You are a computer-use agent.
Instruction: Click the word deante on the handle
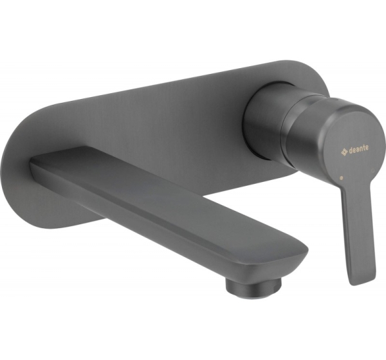coord(358,148)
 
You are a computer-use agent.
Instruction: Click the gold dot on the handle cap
coord(341,177)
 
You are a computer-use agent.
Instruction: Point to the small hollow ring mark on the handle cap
coord(372,170)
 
